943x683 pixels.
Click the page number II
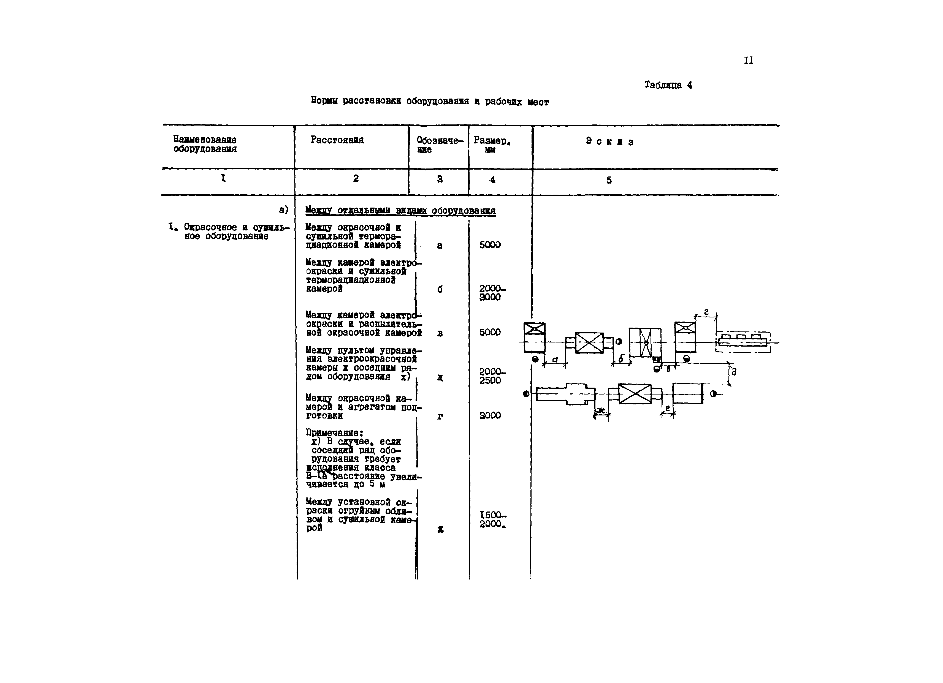(748, 61)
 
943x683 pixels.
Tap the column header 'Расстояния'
(337, 140)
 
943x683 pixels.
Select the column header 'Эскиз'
(609, 142)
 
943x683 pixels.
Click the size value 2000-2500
(492, 376)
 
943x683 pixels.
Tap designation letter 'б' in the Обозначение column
(440, 289)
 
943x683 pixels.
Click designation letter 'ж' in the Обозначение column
(440, 530)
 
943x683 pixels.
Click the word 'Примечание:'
(334, 433)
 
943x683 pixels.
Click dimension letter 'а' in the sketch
(555, 360)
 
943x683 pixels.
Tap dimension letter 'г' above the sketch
(706, 312)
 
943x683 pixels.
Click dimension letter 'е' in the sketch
(667, 409)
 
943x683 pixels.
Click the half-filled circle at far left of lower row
(526, 394)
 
